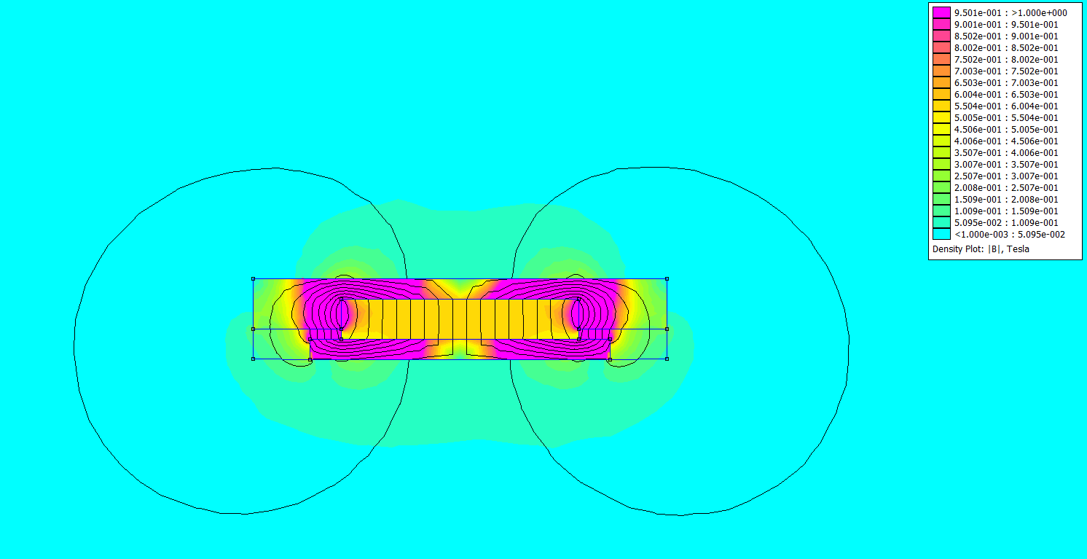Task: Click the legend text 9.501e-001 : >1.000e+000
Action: pyautogui.click(x=1011, y=13)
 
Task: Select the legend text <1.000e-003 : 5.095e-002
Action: pyautogui.click(x=1009, y=235)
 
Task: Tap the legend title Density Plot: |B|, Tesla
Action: pyautogui.click(x=981, y=249)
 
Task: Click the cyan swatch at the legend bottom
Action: pyautogui.click(x=941, y=234)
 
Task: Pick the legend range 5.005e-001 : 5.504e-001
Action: pyautogui.click(x=1006, y=118)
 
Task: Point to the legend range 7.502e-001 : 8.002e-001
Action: pyautogui.click(x=1006, y=60)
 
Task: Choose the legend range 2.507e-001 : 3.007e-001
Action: pyautogui.click(x=1006, y=176)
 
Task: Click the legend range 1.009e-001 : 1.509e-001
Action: pyautogui.click(x=1006, y=211)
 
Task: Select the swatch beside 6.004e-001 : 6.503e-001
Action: pyautogui.click(x=941, y=94)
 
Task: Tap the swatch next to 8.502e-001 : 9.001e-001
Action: pyautogui.click(x=941, y=36)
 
